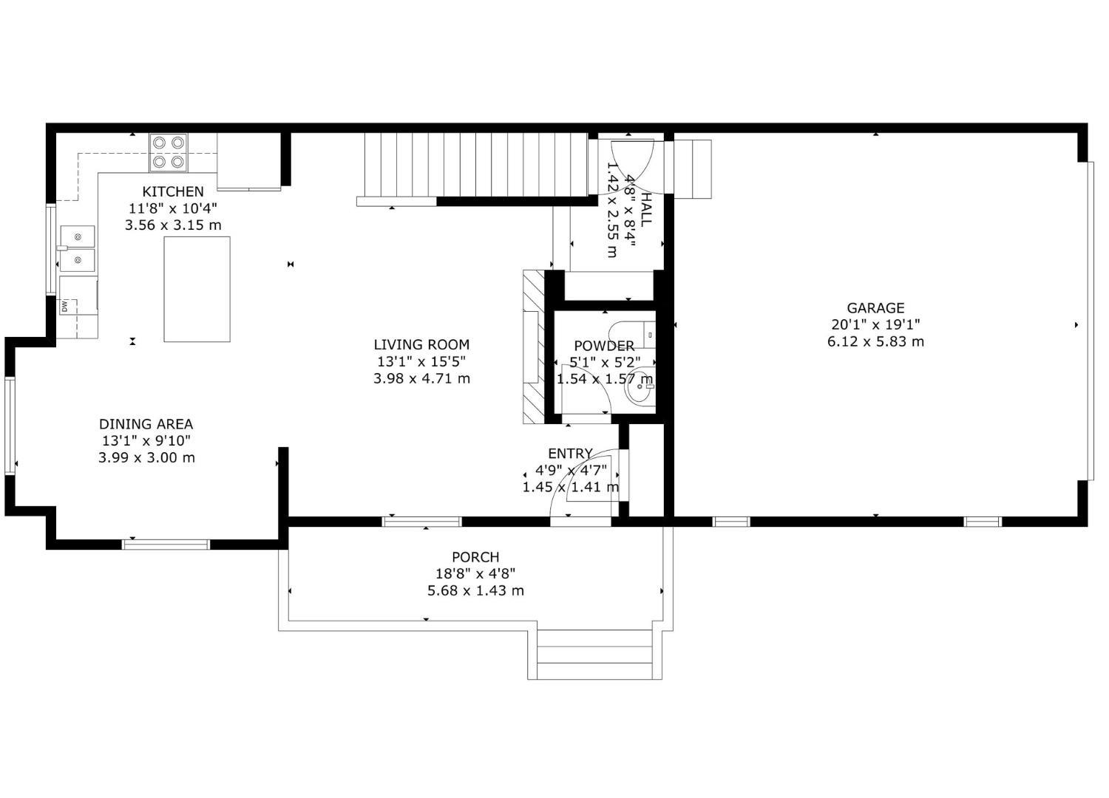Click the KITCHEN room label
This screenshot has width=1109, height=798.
[173, 191]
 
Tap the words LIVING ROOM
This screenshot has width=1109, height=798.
[421, 344]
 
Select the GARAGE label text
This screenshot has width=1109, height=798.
[875, 307]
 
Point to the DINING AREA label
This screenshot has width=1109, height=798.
[146, 424]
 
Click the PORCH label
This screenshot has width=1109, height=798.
[475, 557]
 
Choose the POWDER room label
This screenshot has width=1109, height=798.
[604, 346]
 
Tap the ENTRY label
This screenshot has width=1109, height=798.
[570, 453]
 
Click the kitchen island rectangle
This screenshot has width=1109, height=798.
[197, 289]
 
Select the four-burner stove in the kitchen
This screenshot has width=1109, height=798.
[169, 152]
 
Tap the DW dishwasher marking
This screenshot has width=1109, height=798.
[64, 307]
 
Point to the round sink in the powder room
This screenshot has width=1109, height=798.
[640, 387]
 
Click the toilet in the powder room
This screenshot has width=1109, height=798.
[632, 335]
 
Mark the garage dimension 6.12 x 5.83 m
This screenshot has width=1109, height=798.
[875, 341]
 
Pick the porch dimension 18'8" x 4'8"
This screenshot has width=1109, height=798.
[475, 574]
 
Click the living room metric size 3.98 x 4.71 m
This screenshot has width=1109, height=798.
[421, 378]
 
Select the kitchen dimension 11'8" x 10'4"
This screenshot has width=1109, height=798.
[173, 208]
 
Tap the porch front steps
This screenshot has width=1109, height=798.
[594, 655]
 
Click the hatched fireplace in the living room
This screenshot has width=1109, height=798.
[533, 347]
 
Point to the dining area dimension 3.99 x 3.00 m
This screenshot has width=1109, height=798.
[146, 457]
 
